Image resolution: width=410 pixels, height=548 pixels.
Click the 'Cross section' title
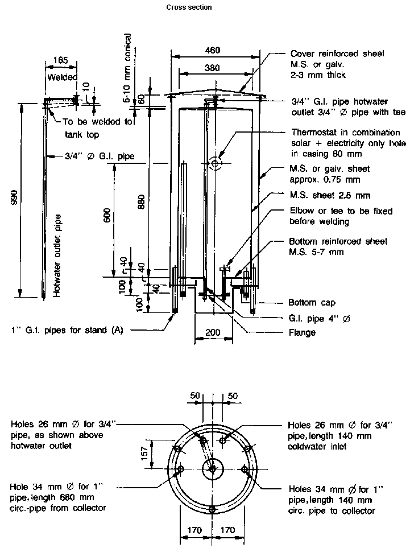point(189,7)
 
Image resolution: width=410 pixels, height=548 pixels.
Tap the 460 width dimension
point(212,50)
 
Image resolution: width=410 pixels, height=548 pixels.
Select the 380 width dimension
point(212,68)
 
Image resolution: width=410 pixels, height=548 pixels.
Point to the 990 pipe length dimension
point(14,196)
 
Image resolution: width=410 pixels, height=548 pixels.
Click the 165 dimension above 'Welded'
point(61,60)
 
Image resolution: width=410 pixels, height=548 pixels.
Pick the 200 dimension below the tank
point(213,332)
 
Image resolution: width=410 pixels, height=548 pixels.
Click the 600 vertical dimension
point(107,215)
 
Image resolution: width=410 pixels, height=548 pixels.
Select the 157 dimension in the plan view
point(144,454)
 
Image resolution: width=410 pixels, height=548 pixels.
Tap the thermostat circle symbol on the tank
point(215,163)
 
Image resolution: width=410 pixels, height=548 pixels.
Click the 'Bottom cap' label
point(312,303)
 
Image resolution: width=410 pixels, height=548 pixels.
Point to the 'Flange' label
point(302,332)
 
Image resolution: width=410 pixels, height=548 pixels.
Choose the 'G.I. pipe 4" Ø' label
point(319,319)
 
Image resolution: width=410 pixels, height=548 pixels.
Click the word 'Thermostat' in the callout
point(314,133)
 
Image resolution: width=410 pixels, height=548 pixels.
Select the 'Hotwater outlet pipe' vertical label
point(57,256)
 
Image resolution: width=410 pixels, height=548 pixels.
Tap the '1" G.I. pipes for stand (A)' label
point(67,330)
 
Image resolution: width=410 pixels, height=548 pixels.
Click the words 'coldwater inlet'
point(317,447)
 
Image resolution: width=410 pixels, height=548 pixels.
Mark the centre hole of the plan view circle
point(212,469)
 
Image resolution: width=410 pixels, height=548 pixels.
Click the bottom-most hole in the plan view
point(212,509)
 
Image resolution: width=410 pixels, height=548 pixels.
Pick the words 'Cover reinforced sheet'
point(337,53)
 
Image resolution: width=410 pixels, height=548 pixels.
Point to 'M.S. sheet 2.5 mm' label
point(330,195)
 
